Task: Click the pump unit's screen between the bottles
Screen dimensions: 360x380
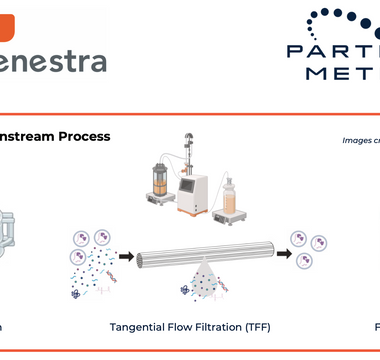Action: click(x=191, y=173)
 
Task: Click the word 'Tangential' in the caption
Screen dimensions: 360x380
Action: click(x=140, y=327)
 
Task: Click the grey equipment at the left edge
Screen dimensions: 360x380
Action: click(x=9, y=236)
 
